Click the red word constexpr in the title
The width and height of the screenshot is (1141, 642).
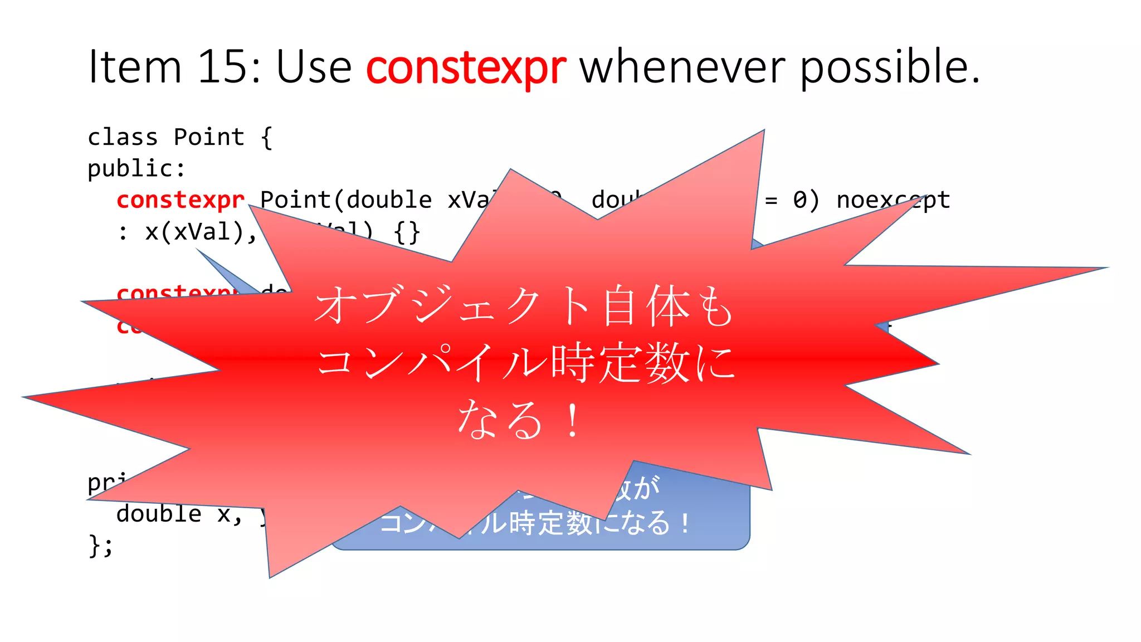coord(466,67)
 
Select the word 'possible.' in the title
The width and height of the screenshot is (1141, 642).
coord(890,67)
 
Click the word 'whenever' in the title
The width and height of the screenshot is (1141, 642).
coord(683,67)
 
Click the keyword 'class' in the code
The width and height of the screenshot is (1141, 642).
coord(123,137)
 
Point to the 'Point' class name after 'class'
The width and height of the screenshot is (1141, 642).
coord(209,137)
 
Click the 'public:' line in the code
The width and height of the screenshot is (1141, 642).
coord(136,168)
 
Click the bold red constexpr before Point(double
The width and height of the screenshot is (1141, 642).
coord(181,200)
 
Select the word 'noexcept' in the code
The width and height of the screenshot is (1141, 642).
coord(893,200)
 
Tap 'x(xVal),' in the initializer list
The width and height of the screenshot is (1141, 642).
coord(201,231)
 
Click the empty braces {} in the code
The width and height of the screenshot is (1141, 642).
coord(407,232)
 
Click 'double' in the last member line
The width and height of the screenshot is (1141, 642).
coord(159,513)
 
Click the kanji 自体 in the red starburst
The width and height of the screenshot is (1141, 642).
coord(646,306)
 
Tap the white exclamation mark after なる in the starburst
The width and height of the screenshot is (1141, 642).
coord(572,421)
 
